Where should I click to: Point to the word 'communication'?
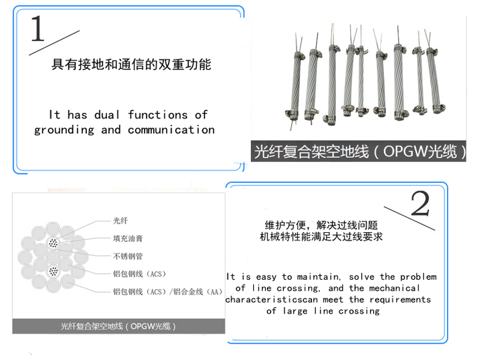(x=171, y=130)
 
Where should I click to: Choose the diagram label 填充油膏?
(x=128, y=238)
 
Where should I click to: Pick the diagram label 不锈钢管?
(x=128, y=256)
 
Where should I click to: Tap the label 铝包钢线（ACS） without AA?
(x=139, y=274)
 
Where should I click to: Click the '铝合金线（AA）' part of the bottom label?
(x=197, y=292)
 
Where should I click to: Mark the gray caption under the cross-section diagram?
(x=118, y=326)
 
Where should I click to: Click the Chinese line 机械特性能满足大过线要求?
(x=322, y=237)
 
